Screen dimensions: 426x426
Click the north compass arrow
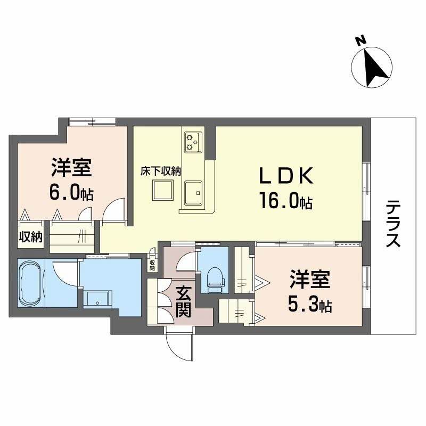(x=372, y=67)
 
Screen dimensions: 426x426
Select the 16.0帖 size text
(x=285, y=202)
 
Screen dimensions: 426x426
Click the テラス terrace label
(x=394, y=223)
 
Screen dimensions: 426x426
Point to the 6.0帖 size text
(x=71, y=193)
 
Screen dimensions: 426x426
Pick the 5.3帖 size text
(x=309, y=305)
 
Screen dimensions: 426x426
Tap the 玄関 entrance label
(x=184, y=301)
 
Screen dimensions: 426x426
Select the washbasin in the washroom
(x=97, y=300)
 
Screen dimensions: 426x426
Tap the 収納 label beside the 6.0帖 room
(x=30, y=237)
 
